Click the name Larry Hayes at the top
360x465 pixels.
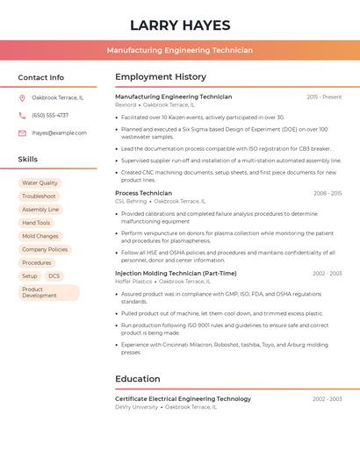[180, 25]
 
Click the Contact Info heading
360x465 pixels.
[40, 77]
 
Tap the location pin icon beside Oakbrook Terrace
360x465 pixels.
[22, 97]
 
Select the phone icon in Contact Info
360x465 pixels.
[22, 115]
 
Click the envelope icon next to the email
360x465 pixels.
[22, 133]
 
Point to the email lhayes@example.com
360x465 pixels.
[59, 133]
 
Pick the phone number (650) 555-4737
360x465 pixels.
[50, 115]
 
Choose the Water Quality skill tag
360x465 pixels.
[40, 183]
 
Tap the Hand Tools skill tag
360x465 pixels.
[36, 223]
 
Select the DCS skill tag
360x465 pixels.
[54, 276]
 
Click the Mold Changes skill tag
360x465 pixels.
[40, 236]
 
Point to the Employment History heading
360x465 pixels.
[161, 77]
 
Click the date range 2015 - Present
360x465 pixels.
[324, 97]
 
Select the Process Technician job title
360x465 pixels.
[143, 193]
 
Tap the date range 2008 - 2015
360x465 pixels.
[328, 193]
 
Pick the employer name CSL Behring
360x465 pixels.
[132, 201]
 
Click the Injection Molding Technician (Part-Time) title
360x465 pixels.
[176, 273]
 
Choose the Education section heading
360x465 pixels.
[137, 379]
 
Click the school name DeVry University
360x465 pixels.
[136, 407]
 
